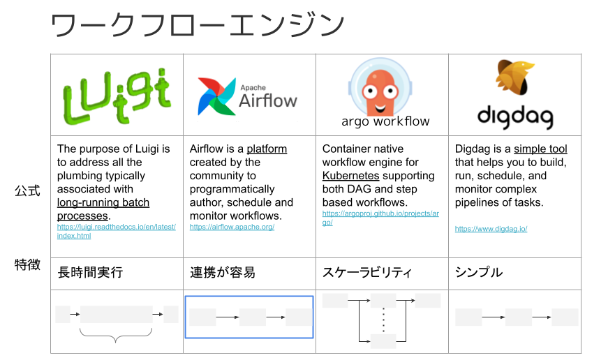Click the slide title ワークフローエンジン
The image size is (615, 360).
[198, 25]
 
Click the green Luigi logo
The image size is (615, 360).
[117, 96]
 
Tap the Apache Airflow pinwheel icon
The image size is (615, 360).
[217, 96]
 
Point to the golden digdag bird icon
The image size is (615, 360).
[514, 77]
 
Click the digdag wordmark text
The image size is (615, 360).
[515, 117]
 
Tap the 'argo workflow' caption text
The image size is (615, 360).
[385, 121]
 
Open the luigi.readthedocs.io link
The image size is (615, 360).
[117, 232]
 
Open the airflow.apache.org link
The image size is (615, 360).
[232, 227]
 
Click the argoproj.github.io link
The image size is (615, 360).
[380, 218]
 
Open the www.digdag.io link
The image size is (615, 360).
[491, 229]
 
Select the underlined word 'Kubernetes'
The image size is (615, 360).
[350, 176]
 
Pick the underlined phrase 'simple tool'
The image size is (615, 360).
[540, 149]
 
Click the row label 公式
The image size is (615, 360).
[27, 191]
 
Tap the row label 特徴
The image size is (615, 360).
[27, 264]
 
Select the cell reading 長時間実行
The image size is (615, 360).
[90, 272]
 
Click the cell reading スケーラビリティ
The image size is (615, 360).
[366, 272]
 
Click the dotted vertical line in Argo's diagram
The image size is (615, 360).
[383, 320]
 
